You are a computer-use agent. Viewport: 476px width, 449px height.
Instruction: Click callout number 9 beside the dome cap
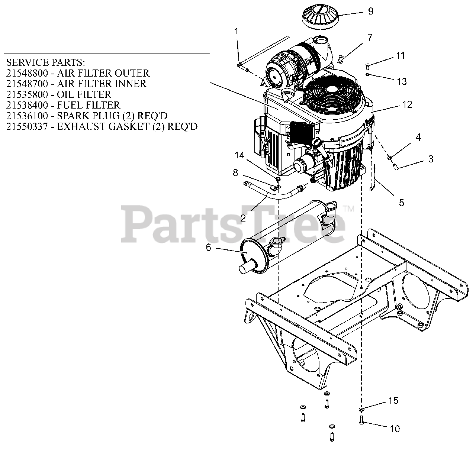tap(370, 11)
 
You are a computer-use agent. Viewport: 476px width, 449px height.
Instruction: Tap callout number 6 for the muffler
tap(208, 247)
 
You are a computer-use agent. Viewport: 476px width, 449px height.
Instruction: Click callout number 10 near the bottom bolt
tap(395, 429)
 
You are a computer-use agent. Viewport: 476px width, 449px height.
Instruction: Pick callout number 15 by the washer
tap(393, 401)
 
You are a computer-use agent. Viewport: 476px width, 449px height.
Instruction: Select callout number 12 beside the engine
tap(407, 104)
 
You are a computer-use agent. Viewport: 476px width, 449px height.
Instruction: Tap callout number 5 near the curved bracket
tap(401, 203)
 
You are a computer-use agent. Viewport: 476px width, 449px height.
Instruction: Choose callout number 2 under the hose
tap(243, 218)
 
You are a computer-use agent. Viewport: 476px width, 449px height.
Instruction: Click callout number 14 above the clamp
tap(239, 155)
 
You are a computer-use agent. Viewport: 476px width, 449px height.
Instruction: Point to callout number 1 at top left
tap(237, 31)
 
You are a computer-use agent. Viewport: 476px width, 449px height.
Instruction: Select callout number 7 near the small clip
tap(370, 37)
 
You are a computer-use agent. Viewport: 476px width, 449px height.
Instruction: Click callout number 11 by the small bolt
tap(400, 56)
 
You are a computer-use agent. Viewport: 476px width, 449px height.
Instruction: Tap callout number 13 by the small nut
tap(402, 81)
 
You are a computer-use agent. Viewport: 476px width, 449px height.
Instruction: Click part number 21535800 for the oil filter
tap(27, 94)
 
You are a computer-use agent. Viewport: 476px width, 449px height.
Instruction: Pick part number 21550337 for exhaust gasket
tap(27, 127)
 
